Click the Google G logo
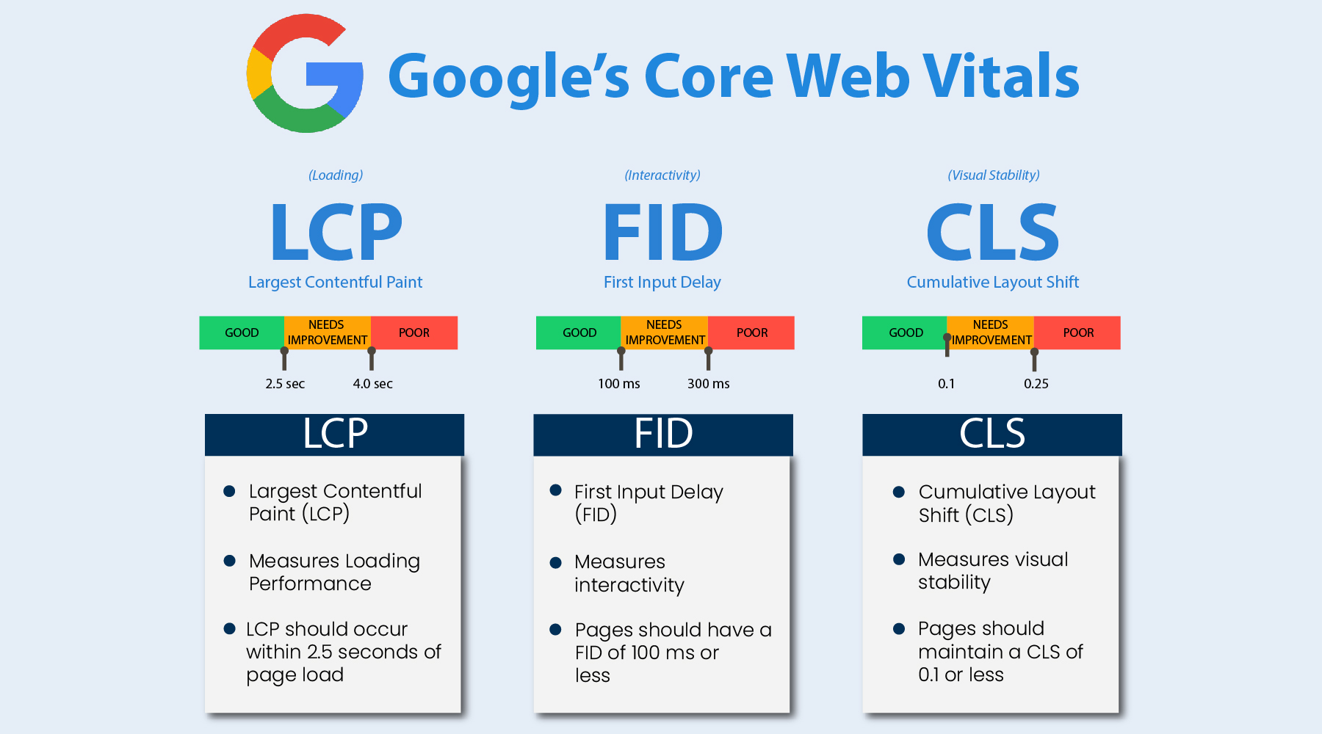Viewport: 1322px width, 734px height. (x=305, y=73)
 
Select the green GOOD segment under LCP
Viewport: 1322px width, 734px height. (x=242, y=333)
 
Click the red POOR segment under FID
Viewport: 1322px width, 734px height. (x=752, y=333)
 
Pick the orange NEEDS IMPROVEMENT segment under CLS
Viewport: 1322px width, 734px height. (x=991, y=333)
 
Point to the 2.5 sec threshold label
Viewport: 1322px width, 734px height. (x=285, y=384)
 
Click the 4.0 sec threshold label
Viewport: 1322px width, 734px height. (x=372, y=384)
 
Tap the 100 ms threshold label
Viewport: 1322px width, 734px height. (x=618, y=384)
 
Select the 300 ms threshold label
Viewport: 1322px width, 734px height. (x=708, y=384)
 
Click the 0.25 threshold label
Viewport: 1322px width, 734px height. (x=1036, y=384)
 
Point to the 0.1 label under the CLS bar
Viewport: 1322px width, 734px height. (x=946, y=384)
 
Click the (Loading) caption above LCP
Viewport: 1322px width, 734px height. (x=336, y=175)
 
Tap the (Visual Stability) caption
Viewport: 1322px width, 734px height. (x=993, y=175)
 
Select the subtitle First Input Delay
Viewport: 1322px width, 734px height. (x=662, y=283)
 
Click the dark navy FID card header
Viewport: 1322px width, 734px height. (x=663, y=435)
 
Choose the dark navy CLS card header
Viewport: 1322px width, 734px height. (x=991, y=435)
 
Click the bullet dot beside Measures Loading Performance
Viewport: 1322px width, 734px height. (x=230, y=561)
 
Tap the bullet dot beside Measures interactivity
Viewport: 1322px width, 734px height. (x=556, y=562)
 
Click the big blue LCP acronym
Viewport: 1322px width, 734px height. (x=336, y=233)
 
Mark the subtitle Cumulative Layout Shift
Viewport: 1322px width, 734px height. (x=992, y=283)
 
